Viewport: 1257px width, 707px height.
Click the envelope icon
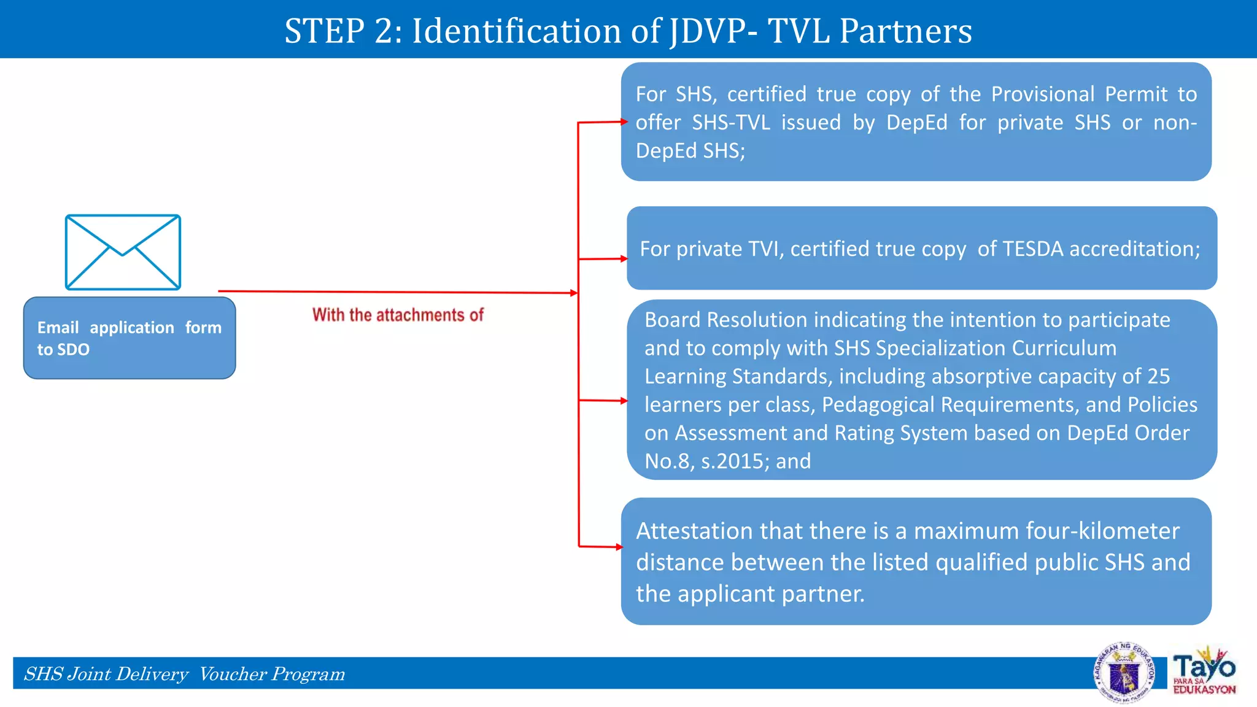pos(123,252)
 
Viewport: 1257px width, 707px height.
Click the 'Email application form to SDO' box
pos(130,338)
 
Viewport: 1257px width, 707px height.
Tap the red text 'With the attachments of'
pos(398,315)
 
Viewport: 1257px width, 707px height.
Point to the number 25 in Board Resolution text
pos(1158,376)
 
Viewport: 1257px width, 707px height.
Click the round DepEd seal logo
pos(1124,673)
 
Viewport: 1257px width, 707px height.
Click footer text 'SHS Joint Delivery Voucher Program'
pos(184,674)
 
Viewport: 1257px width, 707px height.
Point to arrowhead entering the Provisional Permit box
pos(623,122)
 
